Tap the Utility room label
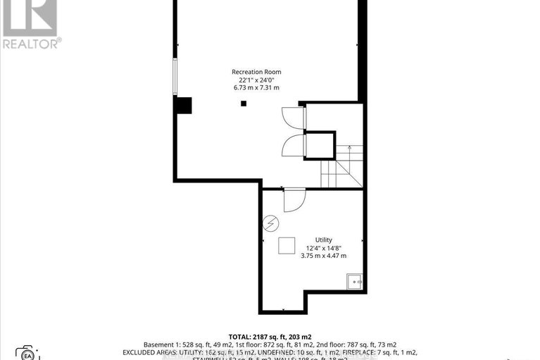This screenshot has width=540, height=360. point(324,240)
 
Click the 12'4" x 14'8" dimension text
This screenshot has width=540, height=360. point(324,248)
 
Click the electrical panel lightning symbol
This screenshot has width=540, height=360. point(270,225)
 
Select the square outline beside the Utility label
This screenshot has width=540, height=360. point(287,246)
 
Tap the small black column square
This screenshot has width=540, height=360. point(244,104)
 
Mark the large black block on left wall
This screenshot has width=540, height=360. point(183,105)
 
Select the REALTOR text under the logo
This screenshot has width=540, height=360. point(31,43)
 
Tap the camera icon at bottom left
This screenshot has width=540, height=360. point(25,353)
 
